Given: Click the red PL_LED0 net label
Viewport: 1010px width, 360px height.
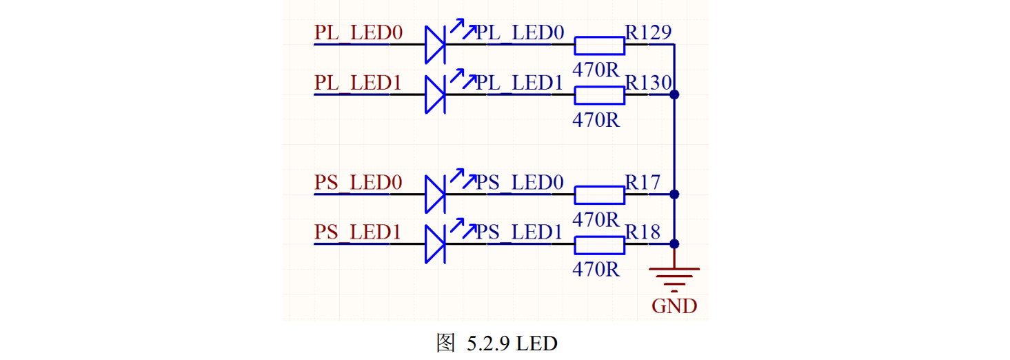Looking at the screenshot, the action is coord(358,32).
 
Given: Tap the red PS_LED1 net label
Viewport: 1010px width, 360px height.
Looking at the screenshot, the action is coord(358,232).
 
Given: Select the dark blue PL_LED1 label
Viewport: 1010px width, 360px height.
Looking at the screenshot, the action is coord(519,83).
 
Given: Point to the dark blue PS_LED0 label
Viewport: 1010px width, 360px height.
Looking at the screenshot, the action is coord(519,182).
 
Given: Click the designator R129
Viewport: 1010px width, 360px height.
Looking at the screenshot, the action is coord(648,32).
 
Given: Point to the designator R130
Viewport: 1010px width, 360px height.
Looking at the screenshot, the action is coord(648,82).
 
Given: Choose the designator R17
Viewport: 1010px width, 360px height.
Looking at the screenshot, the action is coord(643,182).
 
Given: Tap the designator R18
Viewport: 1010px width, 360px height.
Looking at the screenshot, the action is coord(643,232).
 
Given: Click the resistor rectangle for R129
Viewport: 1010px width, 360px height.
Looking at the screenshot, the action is coord(599,46).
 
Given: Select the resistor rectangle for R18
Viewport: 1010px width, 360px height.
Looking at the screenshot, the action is coord(599,245).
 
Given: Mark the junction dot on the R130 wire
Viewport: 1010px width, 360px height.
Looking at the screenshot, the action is coord(674,94).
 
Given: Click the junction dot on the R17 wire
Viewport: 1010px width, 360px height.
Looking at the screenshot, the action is coord(674,194).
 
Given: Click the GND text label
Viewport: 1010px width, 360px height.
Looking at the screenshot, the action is coord(674,306).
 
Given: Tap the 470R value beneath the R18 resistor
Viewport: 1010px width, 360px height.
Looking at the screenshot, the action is coord(596,270).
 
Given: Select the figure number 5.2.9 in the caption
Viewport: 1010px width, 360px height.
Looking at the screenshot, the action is coord(488,343).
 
